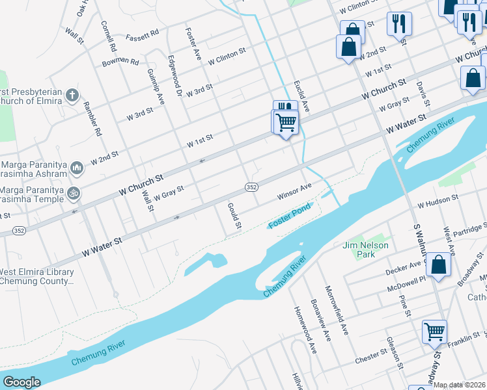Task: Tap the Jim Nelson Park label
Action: [365, 250]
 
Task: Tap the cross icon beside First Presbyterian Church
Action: [72, 96]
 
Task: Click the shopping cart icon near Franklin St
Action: [434, 331]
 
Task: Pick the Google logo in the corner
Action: [21, 382]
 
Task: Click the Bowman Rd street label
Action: [120, 63]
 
